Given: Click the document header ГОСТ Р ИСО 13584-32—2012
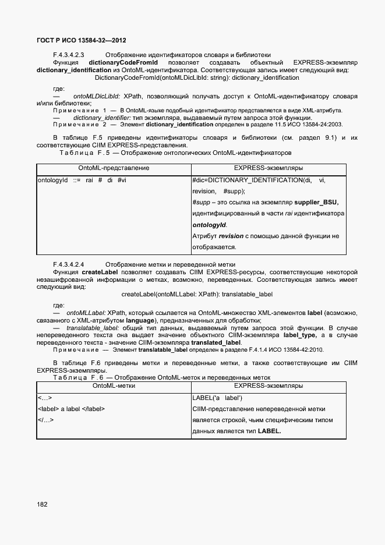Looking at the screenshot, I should (82, 41).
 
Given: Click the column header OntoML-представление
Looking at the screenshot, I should (114, 168).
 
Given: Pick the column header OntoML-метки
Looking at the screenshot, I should (114, 386).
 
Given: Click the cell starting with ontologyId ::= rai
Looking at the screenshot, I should (82, 180).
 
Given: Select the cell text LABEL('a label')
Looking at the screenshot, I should (217, 398).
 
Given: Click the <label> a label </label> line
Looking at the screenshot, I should (71, 409).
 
